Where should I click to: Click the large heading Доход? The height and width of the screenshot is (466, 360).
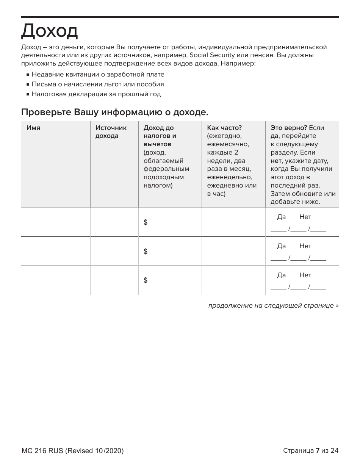49,31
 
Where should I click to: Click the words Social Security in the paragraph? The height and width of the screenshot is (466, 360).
211,55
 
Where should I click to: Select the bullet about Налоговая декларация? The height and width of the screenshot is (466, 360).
96,94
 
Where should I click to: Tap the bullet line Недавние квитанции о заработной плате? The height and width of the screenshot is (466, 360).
98,75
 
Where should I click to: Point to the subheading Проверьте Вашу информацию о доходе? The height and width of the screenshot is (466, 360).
114,112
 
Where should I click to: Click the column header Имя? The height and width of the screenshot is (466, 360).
33,128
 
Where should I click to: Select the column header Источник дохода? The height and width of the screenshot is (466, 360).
111,132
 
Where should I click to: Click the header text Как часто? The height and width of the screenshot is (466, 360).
224,128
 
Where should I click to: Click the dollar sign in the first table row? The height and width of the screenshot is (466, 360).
146,222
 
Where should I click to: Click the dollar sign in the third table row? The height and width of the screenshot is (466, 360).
146,280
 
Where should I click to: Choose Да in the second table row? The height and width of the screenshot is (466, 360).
281,246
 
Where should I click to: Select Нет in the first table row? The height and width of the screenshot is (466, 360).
305,217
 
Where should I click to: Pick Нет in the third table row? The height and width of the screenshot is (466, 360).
305,275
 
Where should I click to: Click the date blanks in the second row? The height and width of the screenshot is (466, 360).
298,258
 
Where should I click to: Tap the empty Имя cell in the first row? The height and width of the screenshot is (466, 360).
55,222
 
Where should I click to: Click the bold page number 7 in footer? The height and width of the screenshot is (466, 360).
318,450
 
